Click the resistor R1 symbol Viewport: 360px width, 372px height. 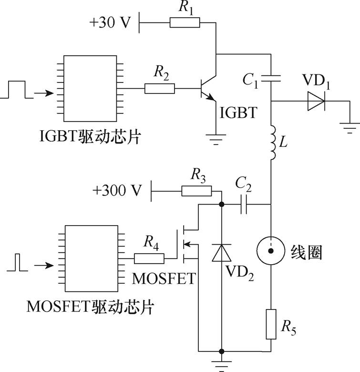tap(185, 22)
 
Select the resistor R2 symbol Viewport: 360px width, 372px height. tap(160, 88)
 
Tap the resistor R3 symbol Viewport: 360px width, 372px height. tap(196, 191)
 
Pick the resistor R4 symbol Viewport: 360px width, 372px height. tap(149, 258)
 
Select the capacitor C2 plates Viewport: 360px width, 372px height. tap(244, 204)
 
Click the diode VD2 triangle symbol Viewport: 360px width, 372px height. tap(221, 253)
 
